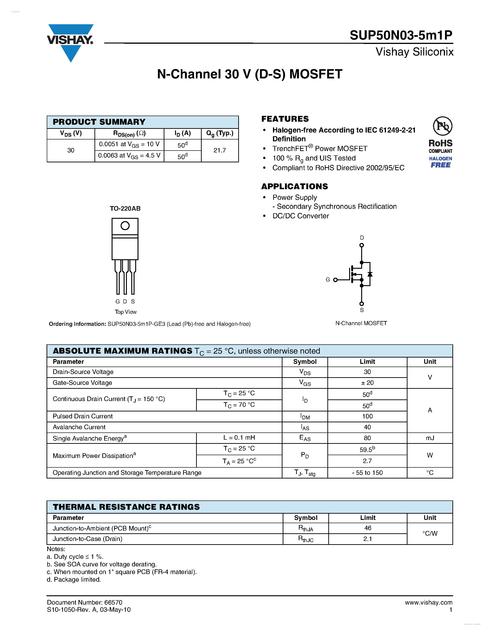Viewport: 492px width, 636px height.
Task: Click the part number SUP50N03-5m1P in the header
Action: click(401, 35)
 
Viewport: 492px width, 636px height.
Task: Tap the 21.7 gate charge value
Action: click(219, 150)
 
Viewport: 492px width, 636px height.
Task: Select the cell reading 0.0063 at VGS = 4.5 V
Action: click(129, 156)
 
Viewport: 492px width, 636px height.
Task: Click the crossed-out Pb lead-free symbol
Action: click(442, 126)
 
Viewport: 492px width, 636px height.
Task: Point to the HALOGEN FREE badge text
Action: click(440, 162)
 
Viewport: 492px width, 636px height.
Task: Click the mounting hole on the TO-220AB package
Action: click(125, 226)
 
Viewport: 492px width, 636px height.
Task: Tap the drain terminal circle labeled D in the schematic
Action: click(362, 245)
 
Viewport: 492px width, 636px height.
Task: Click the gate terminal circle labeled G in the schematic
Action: click(335, 280)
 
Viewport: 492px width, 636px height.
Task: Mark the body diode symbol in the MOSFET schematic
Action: click(370, 274)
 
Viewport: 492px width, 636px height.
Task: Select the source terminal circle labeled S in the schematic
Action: click(362, 304)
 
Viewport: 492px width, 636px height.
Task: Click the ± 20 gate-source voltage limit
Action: click(367, 383)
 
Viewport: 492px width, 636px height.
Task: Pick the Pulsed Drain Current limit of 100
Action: click(367, 416)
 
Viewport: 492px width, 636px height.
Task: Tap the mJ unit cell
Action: click(430, 438)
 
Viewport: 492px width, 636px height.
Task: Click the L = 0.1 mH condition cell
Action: click(239, 438)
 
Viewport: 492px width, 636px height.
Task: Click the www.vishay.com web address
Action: click(429, 602)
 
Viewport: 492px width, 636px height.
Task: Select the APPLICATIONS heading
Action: click(294, 186)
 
